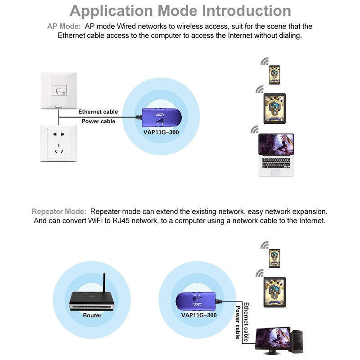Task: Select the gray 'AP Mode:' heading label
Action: (64, 27)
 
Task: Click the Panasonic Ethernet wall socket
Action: (58, 90)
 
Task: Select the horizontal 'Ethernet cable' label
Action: (98, 112)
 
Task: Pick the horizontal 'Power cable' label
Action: (98, 121)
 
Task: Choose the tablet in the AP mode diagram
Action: (275, 108)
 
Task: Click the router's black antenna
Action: (104, 283)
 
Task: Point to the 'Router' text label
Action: (92, 315)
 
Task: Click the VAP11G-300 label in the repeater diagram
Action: (198, 315)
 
